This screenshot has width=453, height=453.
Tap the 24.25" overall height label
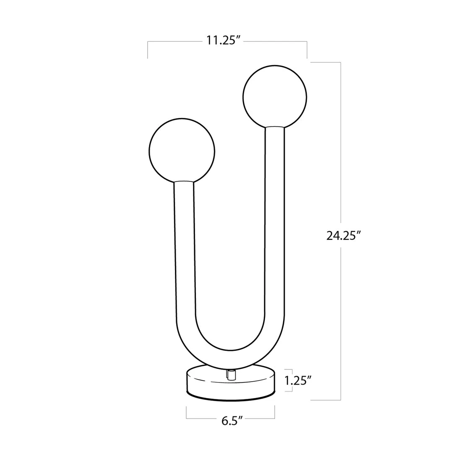pos(344,236)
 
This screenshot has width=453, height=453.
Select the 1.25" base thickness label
pos(298,380)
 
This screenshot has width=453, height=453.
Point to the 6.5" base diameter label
pos(232,421)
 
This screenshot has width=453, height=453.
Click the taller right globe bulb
pos(275,97)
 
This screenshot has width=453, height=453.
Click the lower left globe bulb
pos(182,151)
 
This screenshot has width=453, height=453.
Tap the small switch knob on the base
pos(231,374)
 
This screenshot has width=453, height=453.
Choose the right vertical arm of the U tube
pos(275,225)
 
